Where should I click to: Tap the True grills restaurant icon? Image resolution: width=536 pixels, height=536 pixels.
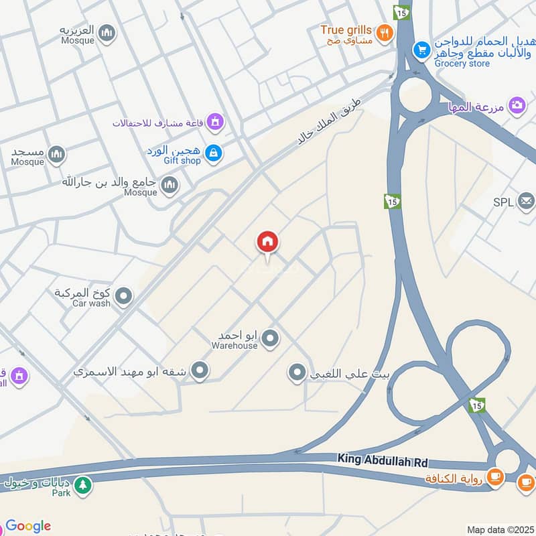pyautogui.click(x=384, y=31)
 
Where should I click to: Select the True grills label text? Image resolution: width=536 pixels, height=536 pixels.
pyautogui.click(x=346, y=30)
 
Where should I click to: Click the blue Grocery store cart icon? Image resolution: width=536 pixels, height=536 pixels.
pyautogui.click(x=421, y=49)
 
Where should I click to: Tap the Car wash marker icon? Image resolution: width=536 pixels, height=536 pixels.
pyautogui.click(x=123, y=295)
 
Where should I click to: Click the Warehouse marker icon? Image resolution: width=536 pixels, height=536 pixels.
pyautogui.click(x=270, y=338)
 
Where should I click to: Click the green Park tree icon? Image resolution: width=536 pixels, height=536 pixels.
pyautogui.click(x=83, y=484)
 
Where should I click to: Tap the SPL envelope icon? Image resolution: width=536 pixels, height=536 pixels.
pyautogui.click(x=526, y=202)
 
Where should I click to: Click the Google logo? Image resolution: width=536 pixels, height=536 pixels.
pyautogui.click(x=28, y=526)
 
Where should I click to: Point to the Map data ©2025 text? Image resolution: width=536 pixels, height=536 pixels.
pyautogui.click(x=500, y=529)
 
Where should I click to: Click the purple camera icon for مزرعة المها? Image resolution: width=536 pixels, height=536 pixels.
pyautogui.click(x=517, y=105)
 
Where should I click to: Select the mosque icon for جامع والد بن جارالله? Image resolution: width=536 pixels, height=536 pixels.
pyautogui.click(x=170, y=184)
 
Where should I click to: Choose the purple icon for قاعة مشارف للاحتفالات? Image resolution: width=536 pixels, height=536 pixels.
pyautogui.click(x=214, y=122)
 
